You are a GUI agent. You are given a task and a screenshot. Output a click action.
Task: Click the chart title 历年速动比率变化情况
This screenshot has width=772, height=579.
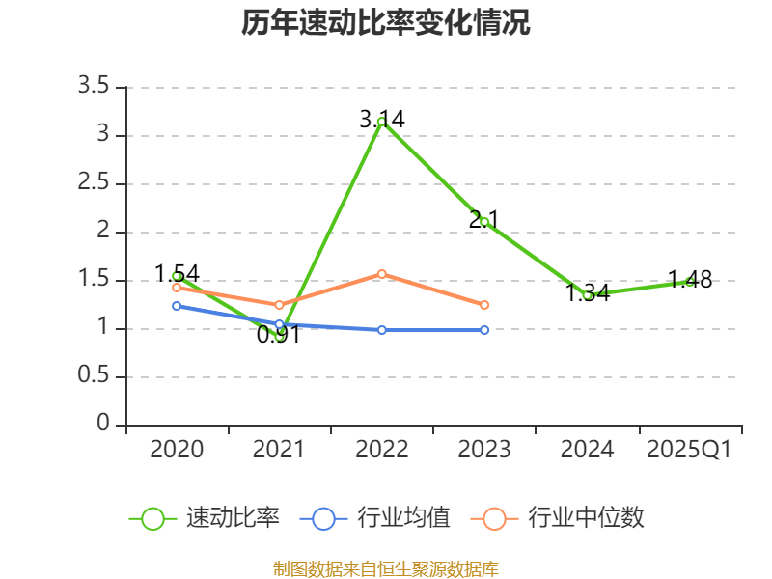(x=386, y=23)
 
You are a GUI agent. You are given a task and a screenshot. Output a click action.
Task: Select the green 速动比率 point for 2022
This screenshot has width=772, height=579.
(x=381, y=122)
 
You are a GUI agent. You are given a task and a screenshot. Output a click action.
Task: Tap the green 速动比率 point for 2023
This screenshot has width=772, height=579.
(x=484, y=222)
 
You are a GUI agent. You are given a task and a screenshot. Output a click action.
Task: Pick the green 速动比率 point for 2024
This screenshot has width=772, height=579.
(x=587, y=295)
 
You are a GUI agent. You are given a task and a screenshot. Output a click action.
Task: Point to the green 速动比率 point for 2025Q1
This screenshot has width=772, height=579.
(x=690, y=282)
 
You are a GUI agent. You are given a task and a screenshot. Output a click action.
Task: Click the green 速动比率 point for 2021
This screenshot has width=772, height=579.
(x=280, y=336)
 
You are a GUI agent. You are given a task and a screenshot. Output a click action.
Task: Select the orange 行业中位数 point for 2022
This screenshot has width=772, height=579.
(x=381, y=274)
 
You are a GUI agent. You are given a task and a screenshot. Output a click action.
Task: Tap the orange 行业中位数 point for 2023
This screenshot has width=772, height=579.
(x=484, y=305)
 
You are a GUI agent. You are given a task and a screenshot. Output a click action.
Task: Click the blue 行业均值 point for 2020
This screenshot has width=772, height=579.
(x=177, y=306)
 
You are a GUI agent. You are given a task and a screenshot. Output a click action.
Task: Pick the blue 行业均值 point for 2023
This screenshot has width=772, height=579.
(x=484, y=330)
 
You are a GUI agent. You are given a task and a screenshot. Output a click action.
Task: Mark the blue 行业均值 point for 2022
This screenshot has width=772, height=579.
(x=381, y=330)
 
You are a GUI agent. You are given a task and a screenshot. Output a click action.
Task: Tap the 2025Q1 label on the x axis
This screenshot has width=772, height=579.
(x=689, y=450)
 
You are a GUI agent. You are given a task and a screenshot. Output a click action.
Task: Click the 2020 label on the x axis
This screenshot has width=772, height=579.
(x=177, y=450)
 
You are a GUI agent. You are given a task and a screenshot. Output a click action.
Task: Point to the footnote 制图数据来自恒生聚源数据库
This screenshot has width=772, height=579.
(x=386, y=568)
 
